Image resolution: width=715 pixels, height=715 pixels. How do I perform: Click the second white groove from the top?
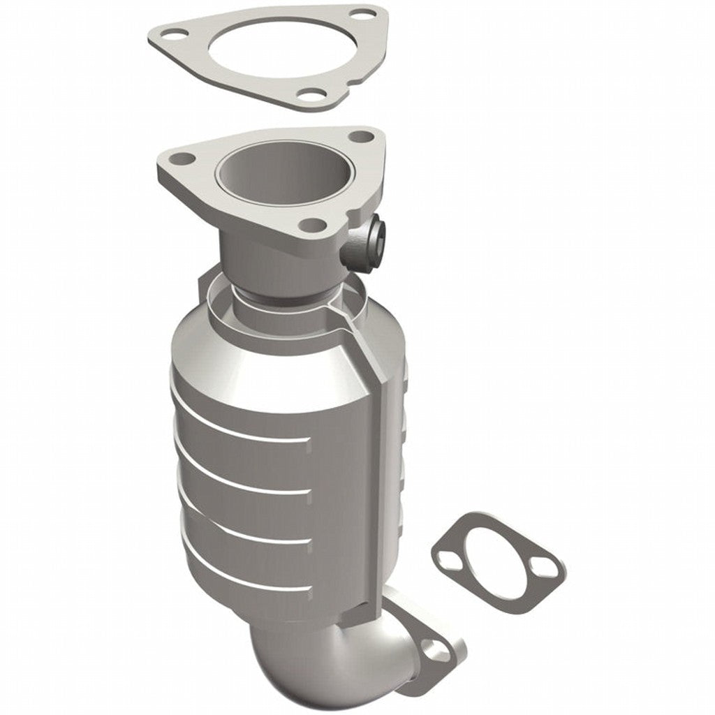click(x=241, y=477)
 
